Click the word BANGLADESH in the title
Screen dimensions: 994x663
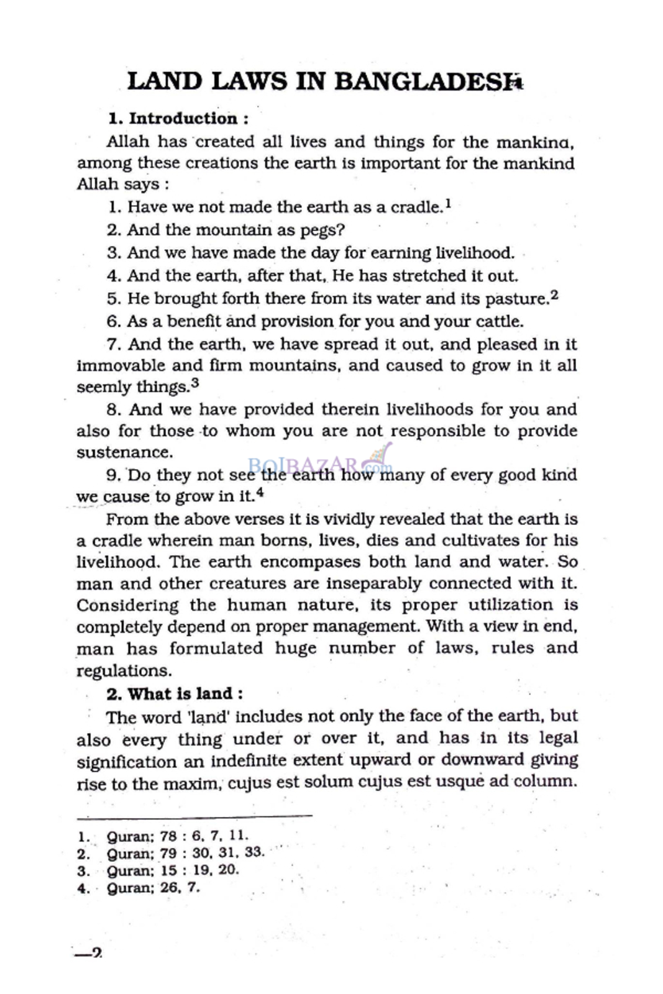pos(424,81)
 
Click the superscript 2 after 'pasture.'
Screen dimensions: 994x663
pos(555,296)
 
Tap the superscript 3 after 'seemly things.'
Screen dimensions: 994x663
pos(195,383)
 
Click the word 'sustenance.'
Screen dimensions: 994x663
pos(124,452)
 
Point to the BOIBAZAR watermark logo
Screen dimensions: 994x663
pos(320,463)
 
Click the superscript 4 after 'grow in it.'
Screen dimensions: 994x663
pos(260,493)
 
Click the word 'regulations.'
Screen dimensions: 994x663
pos(124,671)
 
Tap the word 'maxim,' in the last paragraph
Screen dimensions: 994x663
pos(192,782)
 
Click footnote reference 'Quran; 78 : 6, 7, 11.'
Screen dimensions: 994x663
pos(177,836)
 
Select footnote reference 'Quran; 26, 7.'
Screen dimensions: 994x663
pos(153,887)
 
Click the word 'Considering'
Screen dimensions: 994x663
pos(127,605)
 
